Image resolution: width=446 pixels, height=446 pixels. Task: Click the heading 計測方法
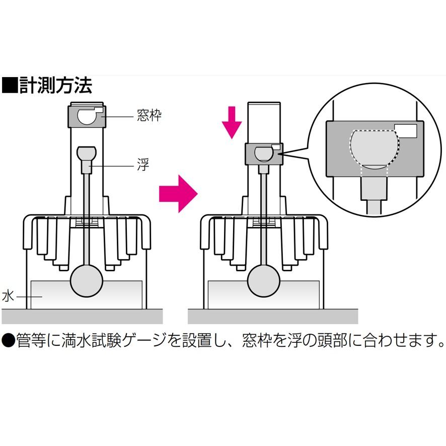click(x=55, y=86)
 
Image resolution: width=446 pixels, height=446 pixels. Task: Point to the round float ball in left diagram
click(x=87, y=281)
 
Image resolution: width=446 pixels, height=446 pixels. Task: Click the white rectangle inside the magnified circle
click(x=405, y=131)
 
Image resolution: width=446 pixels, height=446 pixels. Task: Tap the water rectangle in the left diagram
click(x=121, y=294)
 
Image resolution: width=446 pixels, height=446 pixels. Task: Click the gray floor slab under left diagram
click(x=83, y=316)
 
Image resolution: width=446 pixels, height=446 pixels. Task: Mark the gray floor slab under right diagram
click(x=272, y=316)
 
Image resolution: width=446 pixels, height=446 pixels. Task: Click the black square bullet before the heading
click(x=10, y=86)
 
